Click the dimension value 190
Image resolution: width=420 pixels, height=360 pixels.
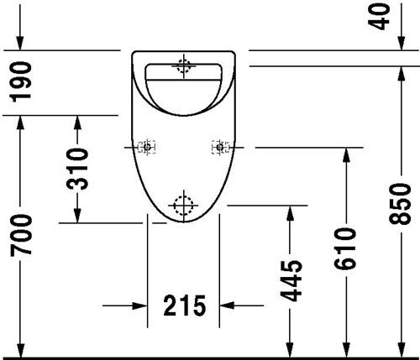pos(21,81)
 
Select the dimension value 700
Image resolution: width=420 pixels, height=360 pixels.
pos(21,235)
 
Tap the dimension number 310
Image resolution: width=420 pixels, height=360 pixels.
pos(77,169)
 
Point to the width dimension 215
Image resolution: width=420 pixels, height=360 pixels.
pos(184,305)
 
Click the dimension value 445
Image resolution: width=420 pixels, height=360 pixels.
pos(291,281)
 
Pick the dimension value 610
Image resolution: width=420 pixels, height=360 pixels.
pos(346,248)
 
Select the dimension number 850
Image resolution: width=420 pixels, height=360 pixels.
pos(401,204)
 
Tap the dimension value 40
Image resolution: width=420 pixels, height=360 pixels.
pos(380,16)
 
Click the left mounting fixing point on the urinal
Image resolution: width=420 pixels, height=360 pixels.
pos(147,147)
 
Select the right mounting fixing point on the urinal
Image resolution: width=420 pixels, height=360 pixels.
pos(220,147)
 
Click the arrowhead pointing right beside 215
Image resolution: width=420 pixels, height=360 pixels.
pos(140,305)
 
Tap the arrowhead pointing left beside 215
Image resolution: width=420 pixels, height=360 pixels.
pos(227,305)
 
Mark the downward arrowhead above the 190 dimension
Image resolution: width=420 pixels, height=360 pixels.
pos(20,43)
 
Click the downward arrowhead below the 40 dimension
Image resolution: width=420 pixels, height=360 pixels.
pos(402,43)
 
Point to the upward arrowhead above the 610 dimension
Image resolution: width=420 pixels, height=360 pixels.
pos(346,155)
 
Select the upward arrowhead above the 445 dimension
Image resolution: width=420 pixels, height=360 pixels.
pos(291,213)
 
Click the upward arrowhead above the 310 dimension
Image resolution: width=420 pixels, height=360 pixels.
pos(77,123)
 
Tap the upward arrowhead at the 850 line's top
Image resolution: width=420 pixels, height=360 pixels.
pos(402,75)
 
